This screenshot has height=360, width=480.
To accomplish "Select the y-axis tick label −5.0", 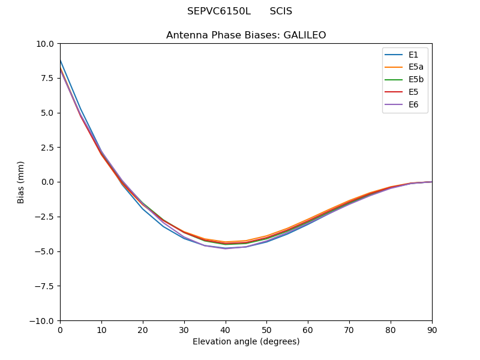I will pos(46,251).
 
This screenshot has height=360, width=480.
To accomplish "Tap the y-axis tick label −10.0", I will pos(44,321).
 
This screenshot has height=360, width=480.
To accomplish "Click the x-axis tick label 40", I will pos(225,330).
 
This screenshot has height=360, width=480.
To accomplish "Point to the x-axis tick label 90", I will pos(432,330).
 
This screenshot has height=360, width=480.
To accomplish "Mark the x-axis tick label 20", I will pos(143,330).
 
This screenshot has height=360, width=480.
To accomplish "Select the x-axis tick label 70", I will pos(349,330).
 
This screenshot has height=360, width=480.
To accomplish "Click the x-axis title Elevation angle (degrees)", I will pos(246,341).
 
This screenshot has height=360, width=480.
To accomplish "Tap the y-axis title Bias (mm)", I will pos(21,182).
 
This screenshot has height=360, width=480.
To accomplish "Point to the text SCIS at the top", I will pos(281,11).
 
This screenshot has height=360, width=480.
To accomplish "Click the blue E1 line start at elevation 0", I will pos(61,61).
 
